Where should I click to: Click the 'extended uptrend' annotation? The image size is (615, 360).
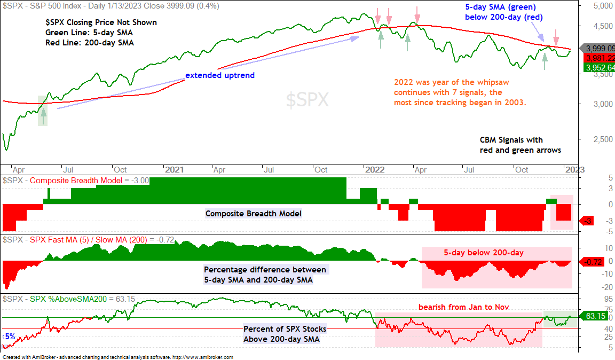pyautogui.click(x=219, y=75)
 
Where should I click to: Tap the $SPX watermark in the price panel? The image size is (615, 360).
pyautogui.click(x=307, y=100)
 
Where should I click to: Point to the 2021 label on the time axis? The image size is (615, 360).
pyautogui.click(x=174, y=170)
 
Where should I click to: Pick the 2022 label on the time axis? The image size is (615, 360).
pyautogui.click(x=375, y=170)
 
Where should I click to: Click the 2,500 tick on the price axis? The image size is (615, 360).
pyautogui.click(x=603, y=139)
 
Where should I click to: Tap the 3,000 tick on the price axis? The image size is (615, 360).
pyautogui.click(x=603, y=104)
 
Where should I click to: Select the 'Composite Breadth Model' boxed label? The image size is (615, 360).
pyautogui.click(x=254, y=214)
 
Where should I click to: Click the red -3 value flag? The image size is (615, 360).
pyautogui.click(x=588, y=221)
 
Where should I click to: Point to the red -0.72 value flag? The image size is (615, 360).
pyautogui.click(x=592, y=262)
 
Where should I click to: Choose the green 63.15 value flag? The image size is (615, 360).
pyautogui.click(x=594, y=316)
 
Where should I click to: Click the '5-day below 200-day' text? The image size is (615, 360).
pyautogui.click(x=484, y=253)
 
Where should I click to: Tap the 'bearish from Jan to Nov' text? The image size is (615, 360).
pyautogui.click(x=463, y=307)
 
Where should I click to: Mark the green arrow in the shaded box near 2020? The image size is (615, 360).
pyautogui.click(x=43, y=116)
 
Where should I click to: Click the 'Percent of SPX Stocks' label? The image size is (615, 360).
pyautogui.click(x=285, y=329)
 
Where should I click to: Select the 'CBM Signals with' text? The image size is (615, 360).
pyautogui.click(x=511, y=140)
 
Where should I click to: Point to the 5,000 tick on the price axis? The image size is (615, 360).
pyautogui.click(x=603, y=6)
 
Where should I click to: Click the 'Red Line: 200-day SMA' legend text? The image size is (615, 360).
pyautogui.click(x=90, y=43)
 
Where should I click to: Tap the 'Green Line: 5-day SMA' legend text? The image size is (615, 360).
pyautogui.click(x=89, y=33)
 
